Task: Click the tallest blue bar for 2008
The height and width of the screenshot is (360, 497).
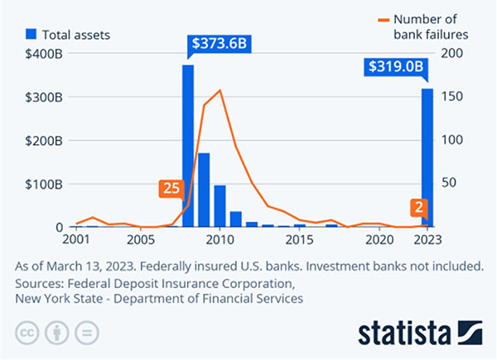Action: [188, 146]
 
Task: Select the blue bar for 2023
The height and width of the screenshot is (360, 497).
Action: [427, 157]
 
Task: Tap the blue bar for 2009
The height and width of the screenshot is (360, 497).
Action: [204, 190]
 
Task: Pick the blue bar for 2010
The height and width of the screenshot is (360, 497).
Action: [220, 206]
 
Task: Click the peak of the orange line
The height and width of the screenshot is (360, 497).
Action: [220, 90]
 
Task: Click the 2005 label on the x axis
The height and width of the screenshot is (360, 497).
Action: [140, 240]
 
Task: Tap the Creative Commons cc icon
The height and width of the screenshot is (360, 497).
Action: [29, 334]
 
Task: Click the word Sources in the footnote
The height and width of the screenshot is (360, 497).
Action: [41, 282]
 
